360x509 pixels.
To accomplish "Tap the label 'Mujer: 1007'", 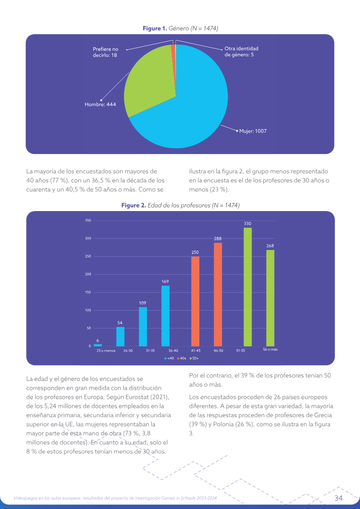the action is pyautogui.click(x=253, y=131).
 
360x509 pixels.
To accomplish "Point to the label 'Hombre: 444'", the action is pyautogui.click(x=100, y=104).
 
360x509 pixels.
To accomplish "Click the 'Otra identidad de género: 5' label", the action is pyautogui.click(x=242, y=52).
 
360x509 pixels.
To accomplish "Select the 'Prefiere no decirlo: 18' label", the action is pyautogui.click(x=105, y=52).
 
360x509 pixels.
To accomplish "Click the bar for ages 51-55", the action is pyautogui.click(x=247, y=287).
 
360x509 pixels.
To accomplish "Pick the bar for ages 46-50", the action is pyautogui.click(x=218, y=294).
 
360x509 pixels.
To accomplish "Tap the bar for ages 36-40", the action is pyautogui.click(x=166, y=316).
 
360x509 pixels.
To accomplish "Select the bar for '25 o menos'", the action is pyautogui.click(x=98, y=345).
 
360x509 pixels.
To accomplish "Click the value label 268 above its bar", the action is pyautogui.click(x=270, y=246).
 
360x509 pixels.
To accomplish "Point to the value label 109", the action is pyautogui.click(x=143, y=303).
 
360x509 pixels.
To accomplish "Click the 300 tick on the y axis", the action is pyautogui.click(x=88, y=239).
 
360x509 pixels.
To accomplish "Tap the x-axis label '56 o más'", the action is pyautogui.click(x=270, y=350).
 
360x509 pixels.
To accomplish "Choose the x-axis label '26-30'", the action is pyautogui.click(x=128, y=351).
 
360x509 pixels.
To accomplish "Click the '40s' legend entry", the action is pyautogui.click(x=181, y=358).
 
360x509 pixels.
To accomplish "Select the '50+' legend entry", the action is pyautogui.click(x=194, y=358).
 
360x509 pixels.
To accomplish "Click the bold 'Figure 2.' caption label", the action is pyautogui.click(x=134, y=206).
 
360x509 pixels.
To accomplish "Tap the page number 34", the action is pyautogui.click(x=338, y=498).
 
